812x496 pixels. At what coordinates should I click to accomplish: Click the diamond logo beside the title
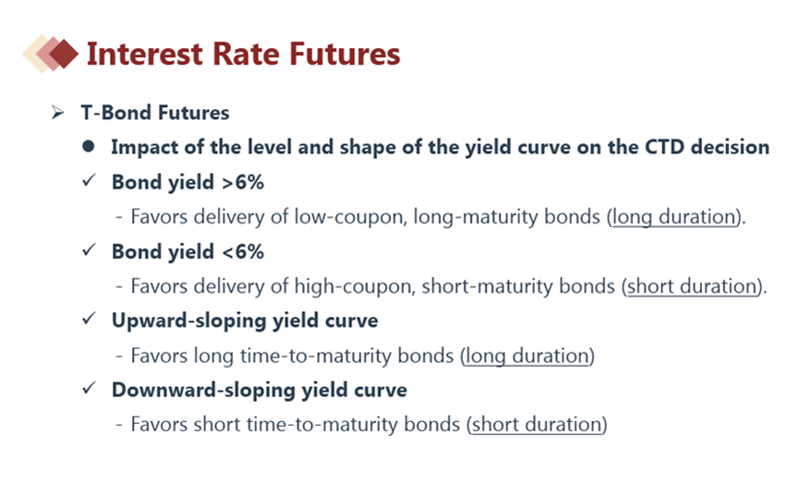click(x=50, y=54)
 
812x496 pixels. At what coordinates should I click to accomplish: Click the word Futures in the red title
click(x=345, y=54)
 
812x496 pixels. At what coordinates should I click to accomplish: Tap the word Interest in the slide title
click(x=144, y=54)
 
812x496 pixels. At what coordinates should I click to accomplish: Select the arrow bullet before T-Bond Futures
click(x=57, y=113)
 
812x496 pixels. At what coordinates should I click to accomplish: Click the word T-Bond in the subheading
click(x=116, y=113)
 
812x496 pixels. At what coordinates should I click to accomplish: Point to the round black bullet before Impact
click(x=88, y=147)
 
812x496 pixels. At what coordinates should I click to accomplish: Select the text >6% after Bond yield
click(x=243, y=182)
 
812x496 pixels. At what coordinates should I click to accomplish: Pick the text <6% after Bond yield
click(x=243, y=251)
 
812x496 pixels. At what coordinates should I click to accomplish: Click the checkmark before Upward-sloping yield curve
click(x=89, y=318)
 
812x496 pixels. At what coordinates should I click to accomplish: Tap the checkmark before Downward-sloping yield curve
click(x=89, y=387)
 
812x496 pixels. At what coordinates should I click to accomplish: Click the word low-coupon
click(x=349, y=216)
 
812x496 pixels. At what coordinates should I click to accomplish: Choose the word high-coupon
click(x=355, y=286)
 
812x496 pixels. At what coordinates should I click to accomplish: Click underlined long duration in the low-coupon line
click(x=674, y=217)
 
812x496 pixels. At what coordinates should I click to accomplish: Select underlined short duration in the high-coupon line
click(x=692, y=286)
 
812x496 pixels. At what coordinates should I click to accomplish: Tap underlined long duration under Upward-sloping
click(x=527, y=356)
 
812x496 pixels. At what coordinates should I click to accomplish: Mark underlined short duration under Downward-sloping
click(x=537, y=425)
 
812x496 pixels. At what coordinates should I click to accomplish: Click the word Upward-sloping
click(x=189, y=321)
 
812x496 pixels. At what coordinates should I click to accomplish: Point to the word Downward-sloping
click(x=203, y=390)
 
